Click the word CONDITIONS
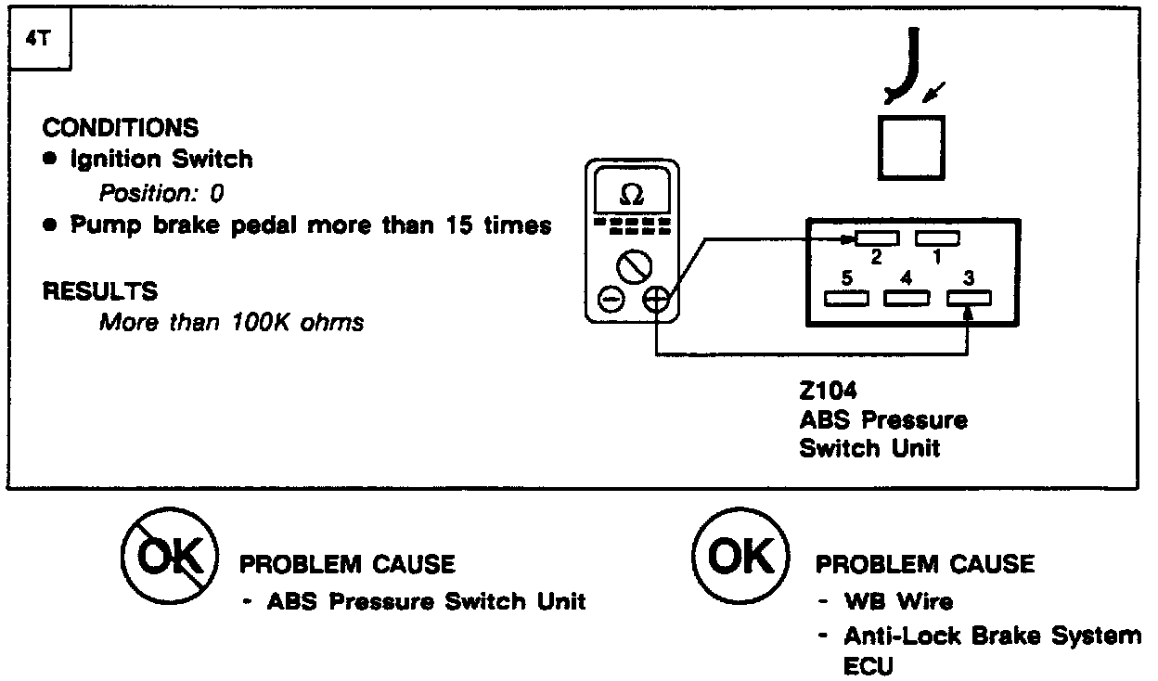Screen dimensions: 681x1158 (121, 128)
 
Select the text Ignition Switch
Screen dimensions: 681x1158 (161, 160)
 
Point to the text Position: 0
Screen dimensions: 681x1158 (161, 194)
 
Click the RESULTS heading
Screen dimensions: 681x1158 (100, 291)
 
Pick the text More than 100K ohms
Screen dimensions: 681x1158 (231, 323)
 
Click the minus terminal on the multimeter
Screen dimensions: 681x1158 (610, 299)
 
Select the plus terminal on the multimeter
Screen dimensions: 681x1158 (655, 299)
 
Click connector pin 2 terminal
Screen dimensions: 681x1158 (877, 240)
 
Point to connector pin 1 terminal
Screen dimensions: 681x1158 (937, 239)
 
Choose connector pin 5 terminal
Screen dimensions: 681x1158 (846, 299)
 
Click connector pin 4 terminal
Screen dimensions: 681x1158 (907, 299)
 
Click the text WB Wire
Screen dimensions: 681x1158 (898, 601)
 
